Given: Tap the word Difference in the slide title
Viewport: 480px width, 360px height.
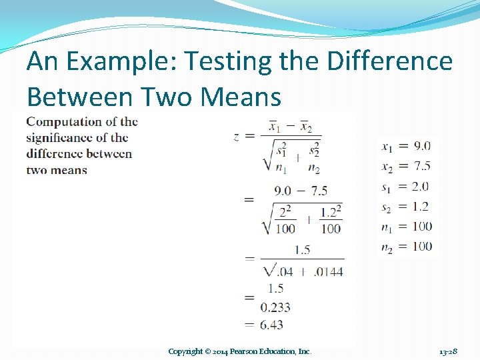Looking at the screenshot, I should pos(390,61).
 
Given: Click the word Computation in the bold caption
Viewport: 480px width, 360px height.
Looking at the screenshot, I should pos(64,122).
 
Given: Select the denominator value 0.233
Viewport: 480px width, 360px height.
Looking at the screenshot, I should pos(275,307).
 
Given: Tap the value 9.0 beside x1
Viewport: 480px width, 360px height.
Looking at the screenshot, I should pos(421,146).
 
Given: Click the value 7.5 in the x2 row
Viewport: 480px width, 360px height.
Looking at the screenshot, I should pos(421,166).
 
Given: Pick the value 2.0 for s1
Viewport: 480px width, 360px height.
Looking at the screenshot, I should pos(421,187).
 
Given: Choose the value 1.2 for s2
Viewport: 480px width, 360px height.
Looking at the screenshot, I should pos(421,207).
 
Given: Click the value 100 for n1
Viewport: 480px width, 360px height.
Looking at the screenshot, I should pos(421,227).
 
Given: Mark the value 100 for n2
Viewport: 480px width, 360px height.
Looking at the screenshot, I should pos(421,247).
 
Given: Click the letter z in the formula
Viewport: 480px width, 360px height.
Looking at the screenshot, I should pos(237,137).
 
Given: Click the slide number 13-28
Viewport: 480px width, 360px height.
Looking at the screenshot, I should pos(448,351).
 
